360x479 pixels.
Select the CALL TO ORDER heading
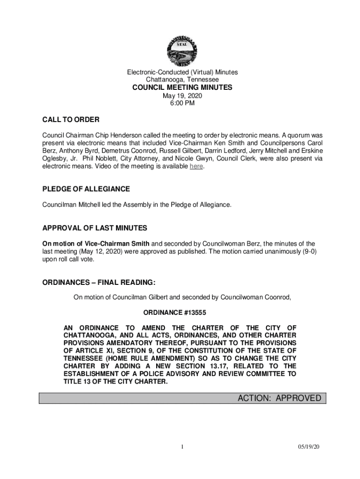71,120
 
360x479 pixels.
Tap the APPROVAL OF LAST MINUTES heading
95,228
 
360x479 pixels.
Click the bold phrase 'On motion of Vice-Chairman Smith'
96,244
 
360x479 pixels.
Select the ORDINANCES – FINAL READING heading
99,283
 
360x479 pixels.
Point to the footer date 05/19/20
310,447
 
